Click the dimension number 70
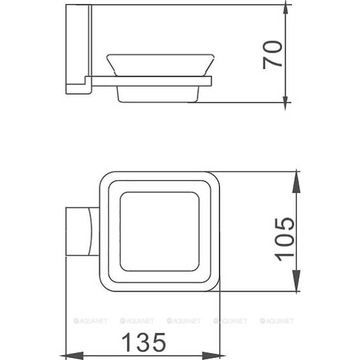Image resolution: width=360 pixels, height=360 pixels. tap(273, 55)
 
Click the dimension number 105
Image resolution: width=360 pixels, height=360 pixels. tap(285, 239)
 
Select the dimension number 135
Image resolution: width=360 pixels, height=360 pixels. tap(144, 342)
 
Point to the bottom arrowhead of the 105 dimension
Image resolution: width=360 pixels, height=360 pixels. tap(297, 281)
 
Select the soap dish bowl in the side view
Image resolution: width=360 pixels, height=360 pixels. tap(160, 65)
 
